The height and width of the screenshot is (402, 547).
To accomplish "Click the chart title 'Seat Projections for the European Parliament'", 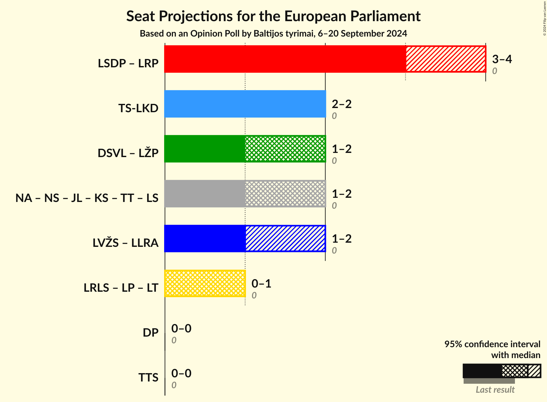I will coord(273,16).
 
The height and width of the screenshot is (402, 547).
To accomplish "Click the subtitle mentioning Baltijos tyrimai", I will coord(273,34).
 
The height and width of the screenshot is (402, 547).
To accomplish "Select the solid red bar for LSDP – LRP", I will coord(285,59).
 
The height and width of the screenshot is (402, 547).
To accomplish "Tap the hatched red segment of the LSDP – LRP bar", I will coord(446,59).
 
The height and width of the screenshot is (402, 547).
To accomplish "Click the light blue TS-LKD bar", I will coord(245,104).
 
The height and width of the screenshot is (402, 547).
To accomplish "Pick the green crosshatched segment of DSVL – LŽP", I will coord(285,149).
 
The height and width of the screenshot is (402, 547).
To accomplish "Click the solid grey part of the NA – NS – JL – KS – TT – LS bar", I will coord(205,194).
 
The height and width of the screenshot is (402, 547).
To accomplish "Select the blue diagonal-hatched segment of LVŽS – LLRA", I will coord(285,239).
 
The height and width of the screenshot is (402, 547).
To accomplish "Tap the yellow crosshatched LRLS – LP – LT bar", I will coord(205,283).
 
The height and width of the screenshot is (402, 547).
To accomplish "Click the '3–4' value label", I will coord(502,59).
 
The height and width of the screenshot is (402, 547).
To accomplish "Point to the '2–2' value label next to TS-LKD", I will coord(341,104).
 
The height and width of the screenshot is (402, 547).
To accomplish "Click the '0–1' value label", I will coord(261,283).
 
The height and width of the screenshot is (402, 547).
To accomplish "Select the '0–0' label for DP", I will coord(181,328).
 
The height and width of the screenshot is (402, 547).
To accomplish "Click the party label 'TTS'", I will coord(148,377).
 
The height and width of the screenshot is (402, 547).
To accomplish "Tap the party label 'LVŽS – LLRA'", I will coord(125,243).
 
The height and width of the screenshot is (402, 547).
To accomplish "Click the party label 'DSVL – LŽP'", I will coord(128,153).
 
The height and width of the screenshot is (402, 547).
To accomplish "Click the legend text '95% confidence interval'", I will coord(492,344).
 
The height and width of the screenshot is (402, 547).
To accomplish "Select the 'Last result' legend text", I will coord(495,389).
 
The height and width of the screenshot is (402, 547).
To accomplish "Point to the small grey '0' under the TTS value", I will coord(174,385).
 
